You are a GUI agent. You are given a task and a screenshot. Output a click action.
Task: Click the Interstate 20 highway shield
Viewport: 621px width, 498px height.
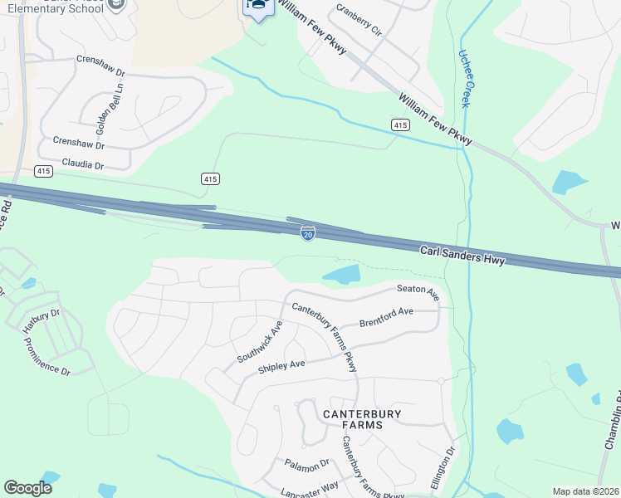[x=308, y=235]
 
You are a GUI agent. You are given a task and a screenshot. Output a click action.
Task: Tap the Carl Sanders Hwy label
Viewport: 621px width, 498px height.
[x=462, y=254]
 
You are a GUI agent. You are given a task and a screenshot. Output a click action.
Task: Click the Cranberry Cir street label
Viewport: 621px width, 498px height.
[x=359, y=20]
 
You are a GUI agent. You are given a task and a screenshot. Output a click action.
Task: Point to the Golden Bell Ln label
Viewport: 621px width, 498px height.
[x=103, y=109]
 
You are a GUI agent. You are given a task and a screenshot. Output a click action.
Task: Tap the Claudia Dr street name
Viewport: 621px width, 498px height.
[x=78, y=166]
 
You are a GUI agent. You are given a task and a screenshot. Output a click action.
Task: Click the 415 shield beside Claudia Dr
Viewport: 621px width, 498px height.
[x=44, y=171]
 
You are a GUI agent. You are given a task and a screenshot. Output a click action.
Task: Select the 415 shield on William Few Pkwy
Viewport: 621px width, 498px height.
[x=400, y=124]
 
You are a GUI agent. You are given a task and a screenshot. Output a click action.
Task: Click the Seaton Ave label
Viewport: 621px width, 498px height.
[x=418, y=290]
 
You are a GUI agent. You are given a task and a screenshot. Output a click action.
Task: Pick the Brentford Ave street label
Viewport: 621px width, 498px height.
[x=386, y=316]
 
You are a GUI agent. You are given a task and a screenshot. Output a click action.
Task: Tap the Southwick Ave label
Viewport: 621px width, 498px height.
[x=260, y=341]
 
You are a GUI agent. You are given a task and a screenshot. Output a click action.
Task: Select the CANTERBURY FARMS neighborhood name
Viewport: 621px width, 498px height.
[x=362, y=418]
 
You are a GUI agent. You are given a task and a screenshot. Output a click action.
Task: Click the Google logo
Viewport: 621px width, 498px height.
[x=28, y=488]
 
